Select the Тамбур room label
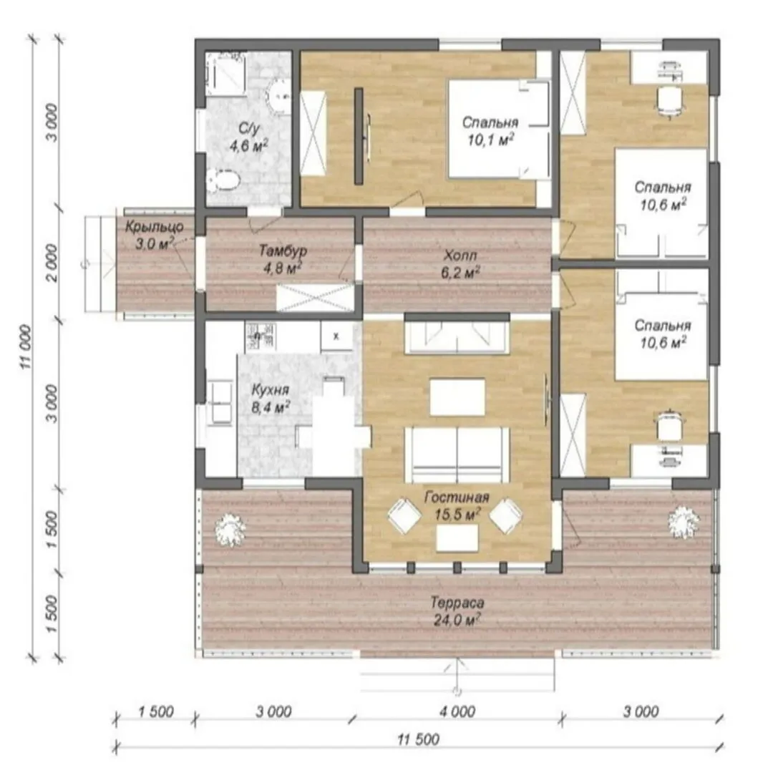pos(283,251)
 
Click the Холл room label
pos(460,256)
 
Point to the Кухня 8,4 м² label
pos(270,399)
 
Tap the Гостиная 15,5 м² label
pos(457,506)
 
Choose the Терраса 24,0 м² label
pos(457,611)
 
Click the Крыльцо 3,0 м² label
pos(154,235)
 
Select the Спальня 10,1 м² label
pos(490,131)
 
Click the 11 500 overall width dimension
pos(418,739)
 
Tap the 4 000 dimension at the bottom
pos(458,711)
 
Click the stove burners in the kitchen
pos(260,336)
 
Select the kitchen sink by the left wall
pos(219,402)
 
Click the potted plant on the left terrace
pos(230,530)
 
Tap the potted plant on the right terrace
pos(684,522)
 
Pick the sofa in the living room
pos(457,454)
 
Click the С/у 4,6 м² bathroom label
pos(249,137)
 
